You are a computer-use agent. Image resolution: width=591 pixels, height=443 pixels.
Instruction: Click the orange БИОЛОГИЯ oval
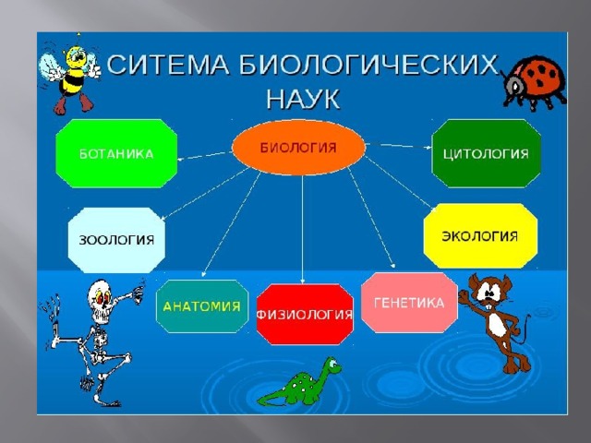pos(298,148)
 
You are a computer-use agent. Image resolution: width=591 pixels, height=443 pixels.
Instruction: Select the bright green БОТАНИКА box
pos(116,153)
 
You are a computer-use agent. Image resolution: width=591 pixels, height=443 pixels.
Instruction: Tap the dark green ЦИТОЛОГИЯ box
pos(487,153)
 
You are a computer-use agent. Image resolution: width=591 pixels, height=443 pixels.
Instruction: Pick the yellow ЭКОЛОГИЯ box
pos(480,236)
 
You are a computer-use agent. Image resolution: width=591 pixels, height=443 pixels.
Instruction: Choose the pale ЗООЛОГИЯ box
pos(116,240)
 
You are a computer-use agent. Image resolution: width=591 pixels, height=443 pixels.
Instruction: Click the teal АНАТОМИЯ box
pos(202,306)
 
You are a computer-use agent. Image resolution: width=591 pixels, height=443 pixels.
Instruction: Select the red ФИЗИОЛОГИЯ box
pos(305,314)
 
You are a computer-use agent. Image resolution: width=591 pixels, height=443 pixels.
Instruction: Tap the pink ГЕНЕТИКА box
pos(409,303)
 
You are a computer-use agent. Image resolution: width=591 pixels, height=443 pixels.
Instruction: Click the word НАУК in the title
pos(303,100)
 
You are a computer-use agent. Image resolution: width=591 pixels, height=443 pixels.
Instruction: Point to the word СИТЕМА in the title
pos(168,65)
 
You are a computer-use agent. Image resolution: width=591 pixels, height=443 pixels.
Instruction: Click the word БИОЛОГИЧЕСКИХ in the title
pos(369,65)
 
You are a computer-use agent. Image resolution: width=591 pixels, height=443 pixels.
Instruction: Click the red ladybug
pos(534,84)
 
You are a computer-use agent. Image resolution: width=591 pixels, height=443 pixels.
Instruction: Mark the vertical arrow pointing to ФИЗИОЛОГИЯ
pos(302,229)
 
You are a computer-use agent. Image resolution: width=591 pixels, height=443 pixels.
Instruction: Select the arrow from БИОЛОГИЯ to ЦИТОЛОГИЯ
pos(399,146)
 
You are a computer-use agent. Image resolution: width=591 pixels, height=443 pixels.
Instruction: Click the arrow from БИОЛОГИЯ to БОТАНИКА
pos(205,156)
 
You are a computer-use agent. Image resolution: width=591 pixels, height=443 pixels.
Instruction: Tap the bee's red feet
pos(73,103)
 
